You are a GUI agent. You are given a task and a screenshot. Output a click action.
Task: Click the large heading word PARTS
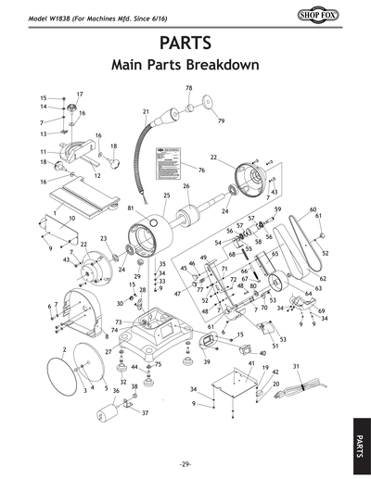[x=185, y=43]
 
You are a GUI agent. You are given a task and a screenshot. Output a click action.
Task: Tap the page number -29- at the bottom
[x=185, y=462]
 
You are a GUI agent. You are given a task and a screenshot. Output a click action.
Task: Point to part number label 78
[x=188, y=88]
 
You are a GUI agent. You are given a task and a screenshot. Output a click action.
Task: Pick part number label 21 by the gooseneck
[x=146, y=112]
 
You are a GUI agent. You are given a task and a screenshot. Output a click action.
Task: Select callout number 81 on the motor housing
[x=131, y=208]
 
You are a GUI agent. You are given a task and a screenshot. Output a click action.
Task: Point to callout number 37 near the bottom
[x=145, y=412]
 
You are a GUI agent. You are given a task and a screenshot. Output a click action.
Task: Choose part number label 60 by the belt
[x=313, y=209]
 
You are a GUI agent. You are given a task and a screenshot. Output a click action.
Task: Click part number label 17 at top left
[x=80, y=95]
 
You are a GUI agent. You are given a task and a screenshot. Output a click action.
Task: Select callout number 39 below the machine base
[x=206, y=362]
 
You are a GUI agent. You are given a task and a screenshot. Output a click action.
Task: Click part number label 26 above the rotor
[x=185, y=186]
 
